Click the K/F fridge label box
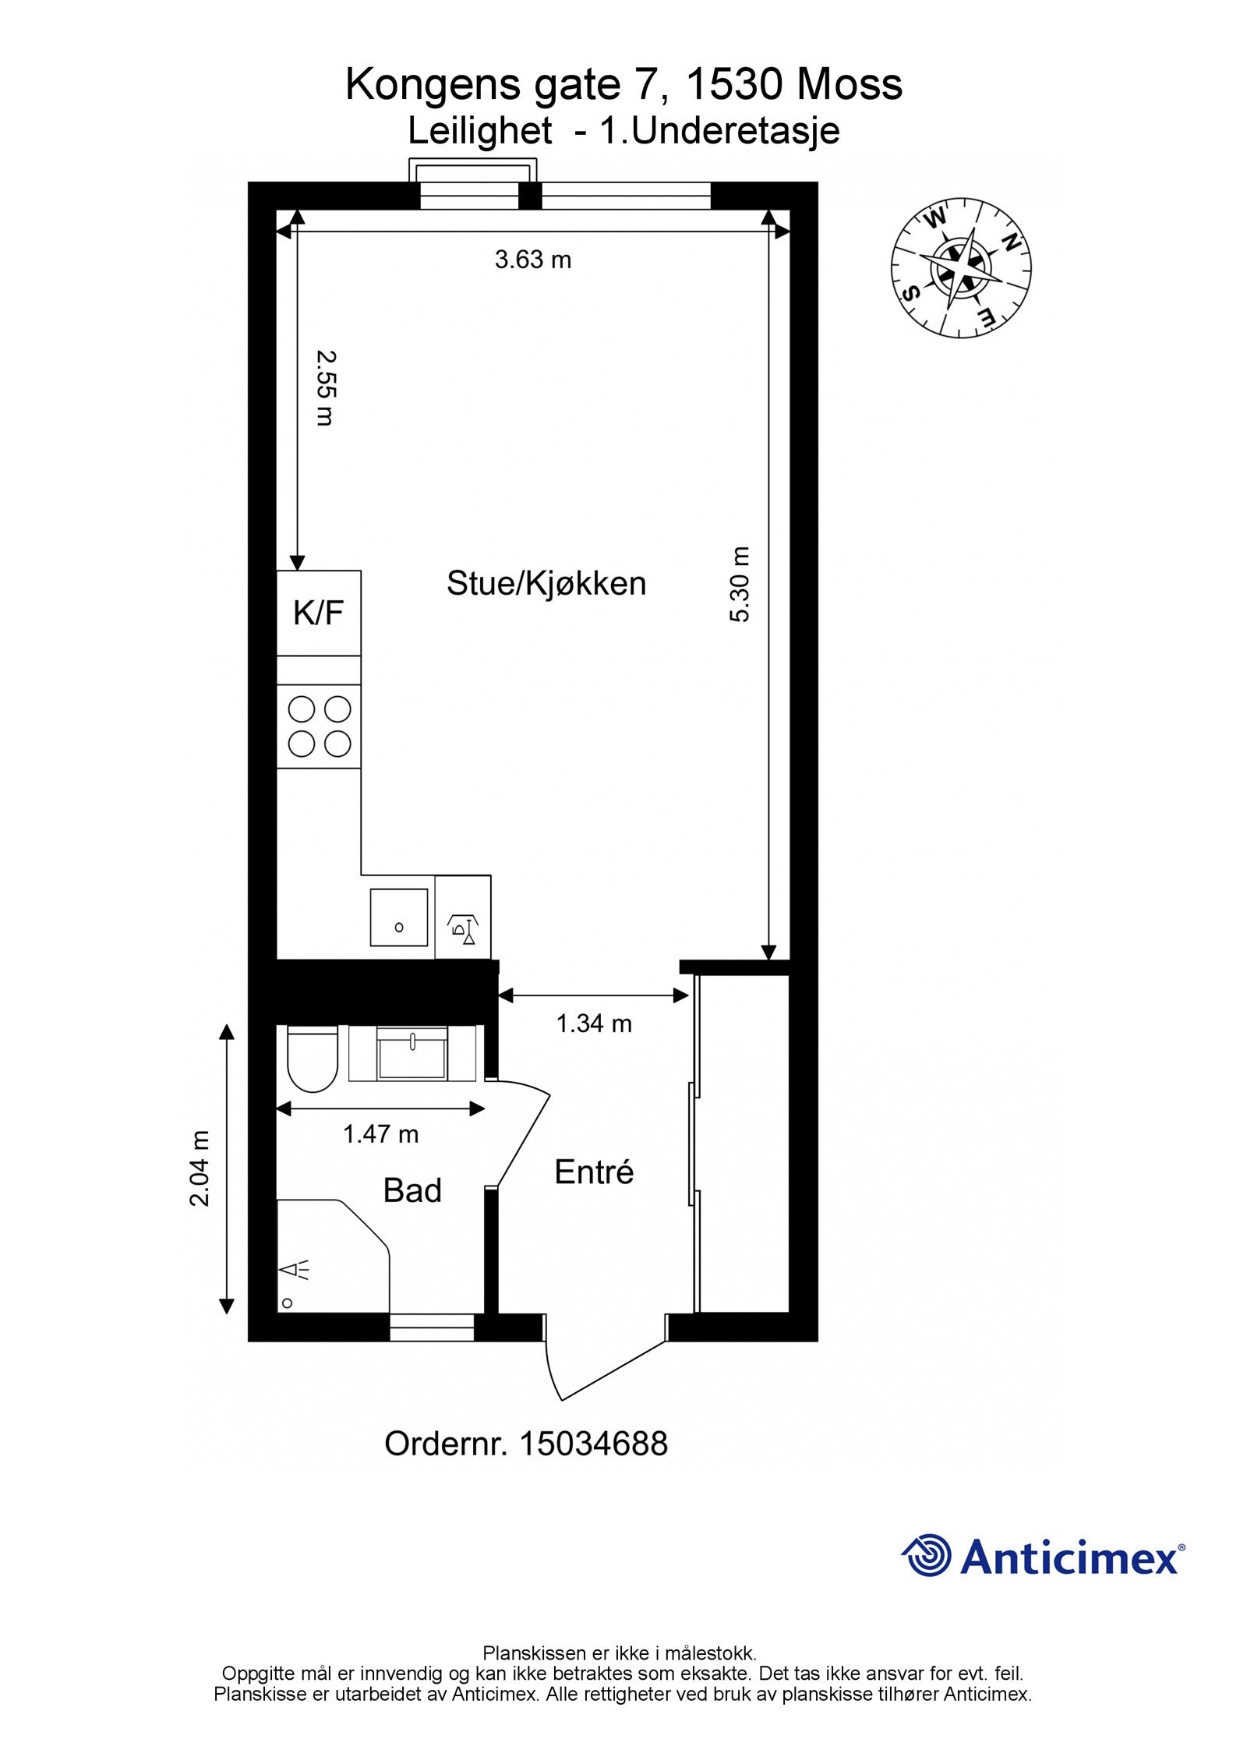pos(318,613)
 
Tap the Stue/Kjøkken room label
pos(546,583)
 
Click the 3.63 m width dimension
pos(533,260)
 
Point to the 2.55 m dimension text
pos(326,387)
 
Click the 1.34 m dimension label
pos(594,1023)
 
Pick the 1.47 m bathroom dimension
pos(380,1133)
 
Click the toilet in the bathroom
pos(312,1060)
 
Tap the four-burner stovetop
pos(319,726)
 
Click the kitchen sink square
pos(398,917)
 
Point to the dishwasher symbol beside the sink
pos(462,928)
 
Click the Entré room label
pos(594,1172)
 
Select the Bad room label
pos(412,1191)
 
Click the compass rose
pos(961,269)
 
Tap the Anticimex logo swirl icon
pos(927,1556)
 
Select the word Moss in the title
pos(850,84)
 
